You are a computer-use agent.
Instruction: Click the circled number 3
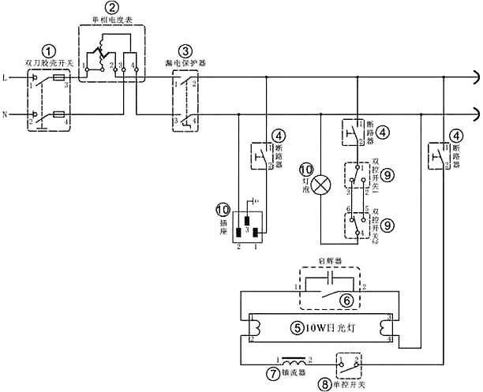pyautogui.click(x=185, y=50)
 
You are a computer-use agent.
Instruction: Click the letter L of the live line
pyautogui.click(x=6, y=78)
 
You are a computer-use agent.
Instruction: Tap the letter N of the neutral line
pyautogui.click(x=6, y=115)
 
